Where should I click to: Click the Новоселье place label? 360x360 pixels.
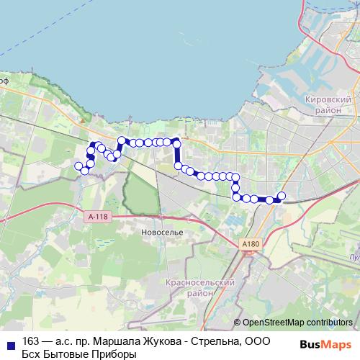162,233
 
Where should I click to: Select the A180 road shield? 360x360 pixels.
250,245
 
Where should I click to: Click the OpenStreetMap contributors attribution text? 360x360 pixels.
297,323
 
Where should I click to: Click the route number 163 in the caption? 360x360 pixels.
31,341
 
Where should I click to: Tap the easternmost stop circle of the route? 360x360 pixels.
282,196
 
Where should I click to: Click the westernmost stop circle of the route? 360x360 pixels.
78,166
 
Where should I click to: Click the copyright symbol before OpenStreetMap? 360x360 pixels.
237,323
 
